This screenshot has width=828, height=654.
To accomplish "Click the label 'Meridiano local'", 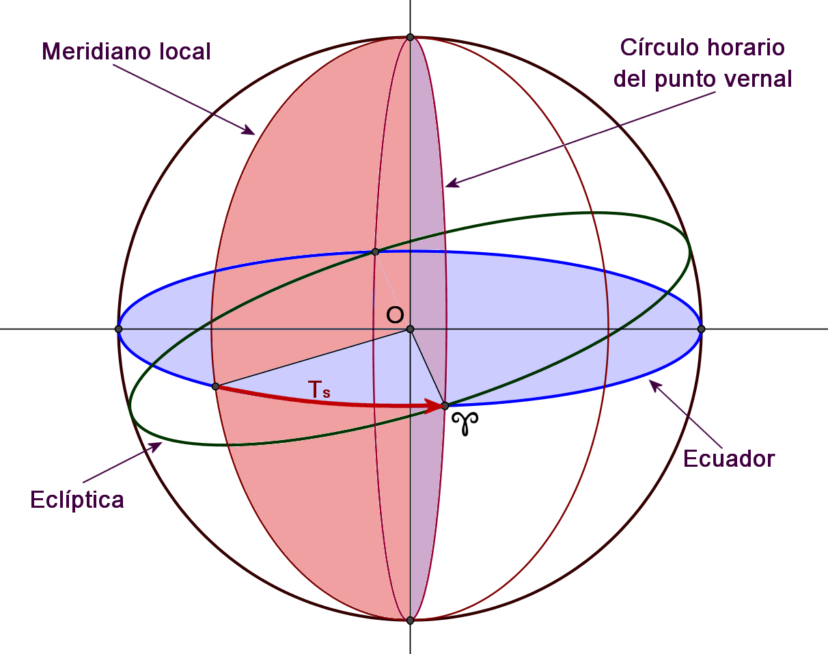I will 126,51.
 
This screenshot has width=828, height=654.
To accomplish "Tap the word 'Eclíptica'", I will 77,500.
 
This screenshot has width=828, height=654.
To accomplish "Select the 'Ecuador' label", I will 729,459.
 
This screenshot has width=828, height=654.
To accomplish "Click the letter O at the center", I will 395,315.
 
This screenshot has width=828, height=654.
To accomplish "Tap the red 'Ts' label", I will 319,390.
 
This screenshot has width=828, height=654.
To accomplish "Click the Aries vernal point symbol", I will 468,423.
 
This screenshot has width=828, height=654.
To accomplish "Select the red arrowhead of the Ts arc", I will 434,407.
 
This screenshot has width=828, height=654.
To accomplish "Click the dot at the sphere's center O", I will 410,329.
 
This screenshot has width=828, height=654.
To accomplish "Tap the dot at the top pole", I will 410,38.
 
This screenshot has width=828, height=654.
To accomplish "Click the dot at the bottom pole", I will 410,621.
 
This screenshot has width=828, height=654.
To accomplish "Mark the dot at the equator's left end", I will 119,329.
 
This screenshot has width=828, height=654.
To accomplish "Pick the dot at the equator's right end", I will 701,329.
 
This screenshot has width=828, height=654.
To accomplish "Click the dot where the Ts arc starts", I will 215,387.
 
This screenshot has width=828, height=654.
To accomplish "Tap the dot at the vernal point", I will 445,406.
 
